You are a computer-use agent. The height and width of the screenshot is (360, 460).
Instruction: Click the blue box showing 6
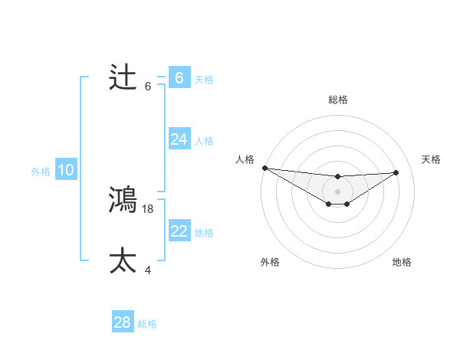pos(179,77)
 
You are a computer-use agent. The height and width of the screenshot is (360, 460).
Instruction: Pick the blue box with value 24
pos(179,139)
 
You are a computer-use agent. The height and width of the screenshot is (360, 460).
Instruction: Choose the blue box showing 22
pos(179,231)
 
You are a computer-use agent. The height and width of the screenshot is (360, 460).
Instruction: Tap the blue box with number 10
pos(65,170)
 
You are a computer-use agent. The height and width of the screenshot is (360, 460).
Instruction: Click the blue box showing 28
pos(122,322)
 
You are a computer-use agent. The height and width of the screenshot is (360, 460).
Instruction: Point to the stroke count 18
pos(149,208)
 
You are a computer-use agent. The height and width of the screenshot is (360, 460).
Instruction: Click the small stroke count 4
pos(149,270)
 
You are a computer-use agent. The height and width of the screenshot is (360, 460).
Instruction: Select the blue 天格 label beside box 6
pos(204,79)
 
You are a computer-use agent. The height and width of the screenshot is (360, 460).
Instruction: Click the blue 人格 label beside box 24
pos(204,141)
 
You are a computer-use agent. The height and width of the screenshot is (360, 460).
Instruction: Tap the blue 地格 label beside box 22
pos(204,233)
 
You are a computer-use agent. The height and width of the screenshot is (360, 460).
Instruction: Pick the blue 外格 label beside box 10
pos(41,172)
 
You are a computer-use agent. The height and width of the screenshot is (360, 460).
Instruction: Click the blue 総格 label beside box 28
pos(147,324)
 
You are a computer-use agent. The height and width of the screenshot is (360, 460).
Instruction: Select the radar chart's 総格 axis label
pos(337,100)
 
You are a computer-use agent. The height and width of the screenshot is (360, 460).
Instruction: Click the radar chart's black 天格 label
pos(431,159)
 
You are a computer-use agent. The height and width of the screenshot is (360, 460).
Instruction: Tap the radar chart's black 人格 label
pos(245,159)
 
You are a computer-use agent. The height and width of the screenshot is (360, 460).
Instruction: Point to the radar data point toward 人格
pos(264,168)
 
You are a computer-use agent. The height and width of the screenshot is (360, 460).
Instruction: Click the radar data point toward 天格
pos(396,172)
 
